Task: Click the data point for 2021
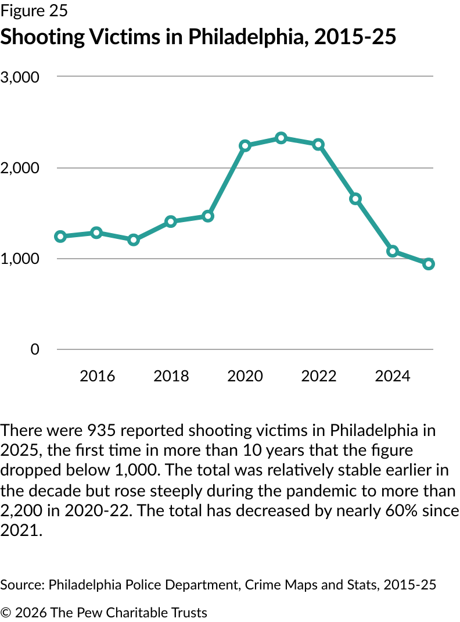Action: [281, 138]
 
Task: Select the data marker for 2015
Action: [60, 237]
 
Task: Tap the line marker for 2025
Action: [429, 264]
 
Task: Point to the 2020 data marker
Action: [245, 145]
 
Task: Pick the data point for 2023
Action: [355, 199]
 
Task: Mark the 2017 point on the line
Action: [134, 239]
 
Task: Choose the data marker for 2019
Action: [208, 216]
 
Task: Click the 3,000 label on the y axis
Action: [20, 77]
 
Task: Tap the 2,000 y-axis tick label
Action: [20, 168]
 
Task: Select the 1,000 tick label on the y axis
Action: [20, 259]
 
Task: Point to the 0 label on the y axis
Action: [35, 349]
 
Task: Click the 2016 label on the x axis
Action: [97, 376]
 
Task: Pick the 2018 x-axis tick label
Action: [171, 376]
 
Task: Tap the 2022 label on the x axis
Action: [318, 376]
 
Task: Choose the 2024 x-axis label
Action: [392, 376]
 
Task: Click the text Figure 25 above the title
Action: [34, 11]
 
